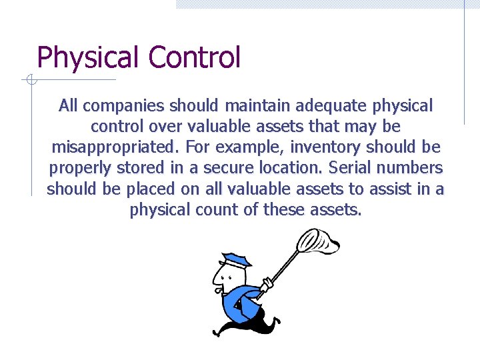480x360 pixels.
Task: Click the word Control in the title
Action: pyautogui.click(x=194, y=57)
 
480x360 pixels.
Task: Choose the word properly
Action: pyautogui.click(x=78, y=168)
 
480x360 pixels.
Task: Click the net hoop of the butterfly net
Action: pyautogui.click(x=318, y=242)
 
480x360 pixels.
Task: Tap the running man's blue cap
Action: pyautogui.click(x=236, y=259)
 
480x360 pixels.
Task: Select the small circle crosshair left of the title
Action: pyautogui.click(x=29, y=80)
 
